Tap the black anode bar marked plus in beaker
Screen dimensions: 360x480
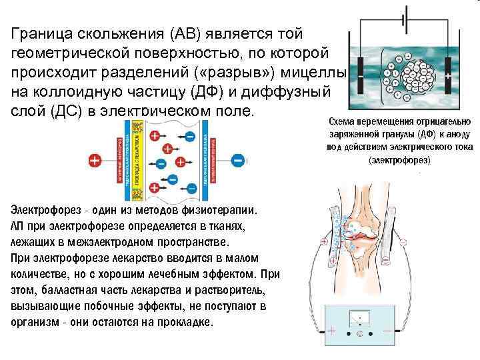447,77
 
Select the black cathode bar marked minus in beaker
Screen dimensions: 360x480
361,77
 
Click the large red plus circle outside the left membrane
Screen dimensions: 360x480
95,161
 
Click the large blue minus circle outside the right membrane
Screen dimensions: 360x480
238,161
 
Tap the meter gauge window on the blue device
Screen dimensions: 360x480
361,318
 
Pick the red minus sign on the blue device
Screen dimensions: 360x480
388,330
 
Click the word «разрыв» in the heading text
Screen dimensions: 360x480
247,71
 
